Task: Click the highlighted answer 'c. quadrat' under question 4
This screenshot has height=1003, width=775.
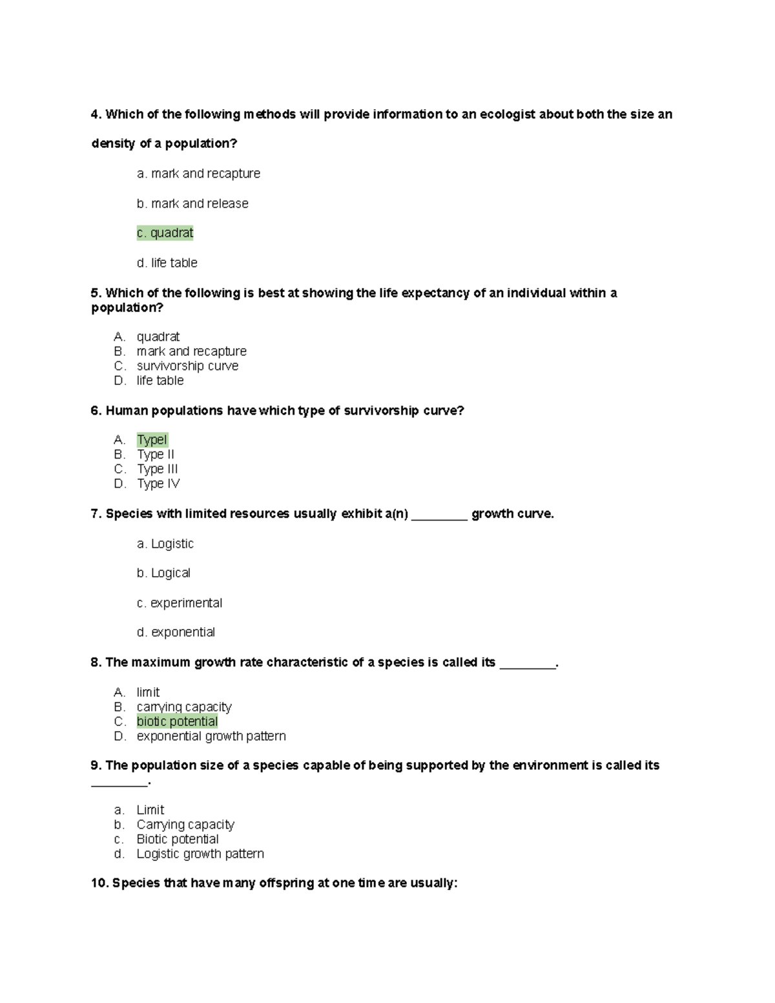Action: coord(165,233)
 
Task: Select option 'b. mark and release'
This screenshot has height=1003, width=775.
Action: coord(192,203)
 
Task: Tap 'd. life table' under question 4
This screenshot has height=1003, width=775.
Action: coord(167,263)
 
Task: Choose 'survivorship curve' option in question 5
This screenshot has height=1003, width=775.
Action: coord(187,366)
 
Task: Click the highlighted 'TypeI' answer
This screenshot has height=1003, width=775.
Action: coord(152,440)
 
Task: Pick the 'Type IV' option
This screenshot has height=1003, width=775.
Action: coord(158,484)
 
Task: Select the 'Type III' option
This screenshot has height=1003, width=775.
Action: coord(157,469)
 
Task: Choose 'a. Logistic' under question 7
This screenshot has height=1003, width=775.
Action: coord(165,544)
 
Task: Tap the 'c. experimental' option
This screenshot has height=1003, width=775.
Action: coord(179,603)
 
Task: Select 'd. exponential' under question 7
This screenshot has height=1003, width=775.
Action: coord(176,632)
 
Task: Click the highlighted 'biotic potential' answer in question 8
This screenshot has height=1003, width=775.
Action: coord(177,721)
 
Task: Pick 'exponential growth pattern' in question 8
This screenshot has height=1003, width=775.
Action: coord(211,736)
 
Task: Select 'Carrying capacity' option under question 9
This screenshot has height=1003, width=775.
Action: coord(185,825)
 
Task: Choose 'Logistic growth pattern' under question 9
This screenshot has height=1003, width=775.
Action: coord(200,854)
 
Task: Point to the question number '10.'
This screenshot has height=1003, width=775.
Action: coord(100,883)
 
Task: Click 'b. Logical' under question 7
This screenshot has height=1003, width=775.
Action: coord(163,573)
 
